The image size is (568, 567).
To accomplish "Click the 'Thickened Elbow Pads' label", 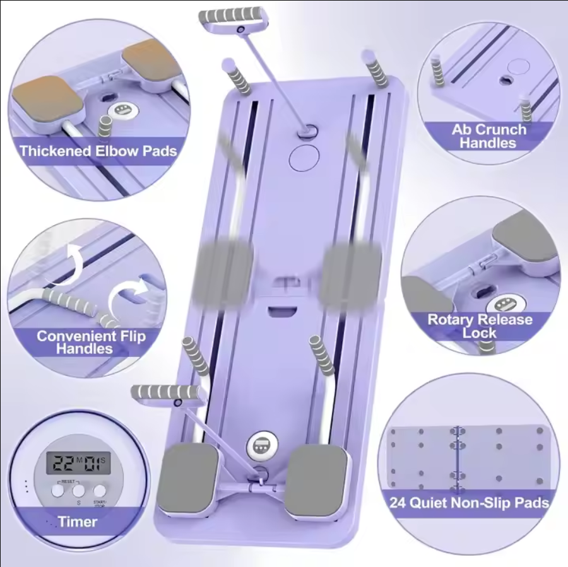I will (x=97, y=151).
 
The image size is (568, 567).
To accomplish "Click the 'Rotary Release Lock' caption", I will (x=480, y=325).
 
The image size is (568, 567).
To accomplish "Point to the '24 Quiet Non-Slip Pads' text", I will (x=468, y=503).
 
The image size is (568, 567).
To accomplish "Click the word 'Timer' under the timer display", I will (x=78, y=522).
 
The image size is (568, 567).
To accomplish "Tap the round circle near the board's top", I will (x=305, y=157).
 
